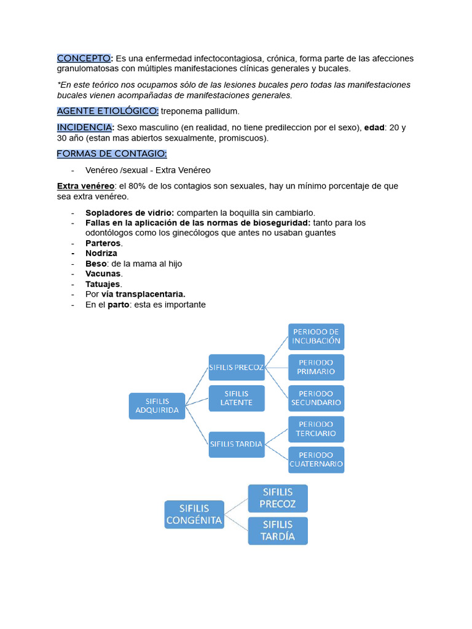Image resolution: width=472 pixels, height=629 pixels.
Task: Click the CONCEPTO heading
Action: [84, 58]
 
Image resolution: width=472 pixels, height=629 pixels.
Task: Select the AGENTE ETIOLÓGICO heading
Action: [108, 111]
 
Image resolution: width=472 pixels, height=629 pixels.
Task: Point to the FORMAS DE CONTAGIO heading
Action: [112, 154]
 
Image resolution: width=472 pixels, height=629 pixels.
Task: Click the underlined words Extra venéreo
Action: [85, 186]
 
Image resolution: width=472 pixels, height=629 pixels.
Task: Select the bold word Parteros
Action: [103, 243]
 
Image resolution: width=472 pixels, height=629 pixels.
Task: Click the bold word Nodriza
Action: [101, 253]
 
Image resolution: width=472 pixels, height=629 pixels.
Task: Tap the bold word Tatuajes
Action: [103, 284]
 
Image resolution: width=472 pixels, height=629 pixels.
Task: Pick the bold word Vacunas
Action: [103, 274]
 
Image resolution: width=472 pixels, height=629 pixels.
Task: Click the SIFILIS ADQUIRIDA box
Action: [157, 406]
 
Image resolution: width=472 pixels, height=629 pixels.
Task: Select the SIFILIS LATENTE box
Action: [237, 398]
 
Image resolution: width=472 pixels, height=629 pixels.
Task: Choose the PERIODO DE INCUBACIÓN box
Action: [317, 337]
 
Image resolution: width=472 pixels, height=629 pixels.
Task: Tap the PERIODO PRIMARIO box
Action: [317, 367]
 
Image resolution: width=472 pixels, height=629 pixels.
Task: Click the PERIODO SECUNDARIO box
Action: [317, 398]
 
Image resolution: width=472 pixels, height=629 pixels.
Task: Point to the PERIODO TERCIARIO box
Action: [317, 429]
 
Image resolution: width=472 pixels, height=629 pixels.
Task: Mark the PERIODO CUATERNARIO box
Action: [317, 459]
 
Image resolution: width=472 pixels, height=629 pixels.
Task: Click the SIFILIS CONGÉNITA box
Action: [194, 515]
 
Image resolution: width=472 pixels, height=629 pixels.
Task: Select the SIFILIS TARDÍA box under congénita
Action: [278, 531]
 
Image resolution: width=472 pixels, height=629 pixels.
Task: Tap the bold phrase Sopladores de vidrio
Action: [130, 213]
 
